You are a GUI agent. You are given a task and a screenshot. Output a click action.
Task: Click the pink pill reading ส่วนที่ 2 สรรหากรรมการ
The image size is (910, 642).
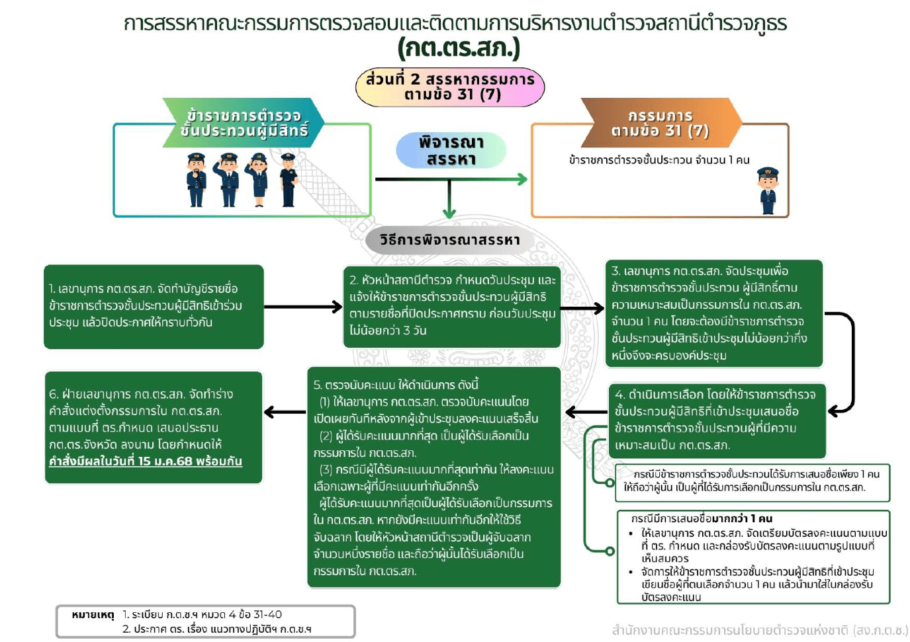click(x=450, y=87)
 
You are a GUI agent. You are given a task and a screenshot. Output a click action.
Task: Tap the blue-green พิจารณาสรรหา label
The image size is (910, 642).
click(x=451, y=150)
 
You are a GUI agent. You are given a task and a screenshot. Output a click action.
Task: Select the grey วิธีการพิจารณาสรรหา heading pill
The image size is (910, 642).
click(x=449, y=240)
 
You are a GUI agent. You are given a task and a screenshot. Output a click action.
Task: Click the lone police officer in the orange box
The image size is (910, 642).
click(x=767, y=190)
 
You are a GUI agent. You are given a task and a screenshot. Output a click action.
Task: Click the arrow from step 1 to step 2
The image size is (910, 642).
click(x=302, y=307)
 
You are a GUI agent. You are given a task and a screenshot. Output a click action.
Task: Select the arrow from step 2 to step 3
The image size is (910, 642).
click(x=582, y=308)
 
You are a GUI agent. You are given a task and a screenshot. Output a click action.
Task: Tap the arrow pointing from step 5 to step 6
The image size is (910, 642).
click(x=285, y=412)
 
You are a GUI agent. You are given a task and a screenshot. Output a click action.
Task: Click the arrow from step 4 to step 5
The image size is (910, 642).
click(x=586, y=412)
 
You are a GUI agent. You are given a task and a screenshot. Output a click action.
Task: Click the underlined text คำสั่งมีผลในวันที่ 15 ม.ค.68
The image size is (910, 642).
click(x=146, y=461)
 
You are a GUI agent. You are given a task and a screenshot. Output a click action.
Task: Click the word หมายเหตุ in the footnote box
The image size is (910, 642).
click(x=93, y=615)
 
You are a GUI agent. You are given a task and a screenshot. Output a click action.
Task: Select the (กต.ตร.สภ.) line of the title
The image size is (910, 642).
click(x=458, y=48)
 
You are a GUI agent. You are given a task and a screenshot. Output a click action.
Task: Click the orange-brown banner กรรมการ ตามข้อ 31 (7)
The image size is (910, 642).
click(x=660, y=123)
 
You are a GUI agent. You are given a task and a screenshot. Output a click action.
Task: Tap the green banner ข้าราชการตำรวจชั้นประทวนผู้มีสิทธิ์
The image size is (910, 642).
click(x=244, y=123)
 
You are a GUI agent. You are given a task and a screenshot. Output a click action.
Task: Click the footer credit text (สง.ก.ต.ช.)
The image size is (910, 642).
click(x=759, y=629)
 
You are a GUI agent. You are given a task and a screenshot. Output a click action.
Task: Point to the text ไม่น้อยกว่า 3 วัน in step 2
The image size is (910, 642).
click(x=388, y=330)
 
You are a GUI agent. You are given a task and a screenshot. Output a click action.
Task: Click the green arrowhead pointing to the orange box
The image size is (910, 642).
click(x=522, y=179)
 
